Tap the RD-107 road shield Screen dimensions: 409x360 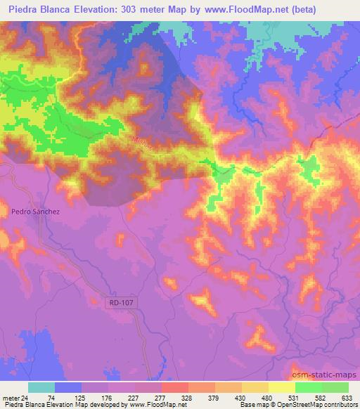click(x=120, y=302)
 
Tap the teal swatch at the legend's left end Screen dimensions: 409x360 click(x=41, y=387)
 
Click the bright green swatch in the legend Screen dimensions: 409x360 click(x=308, y=387)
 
